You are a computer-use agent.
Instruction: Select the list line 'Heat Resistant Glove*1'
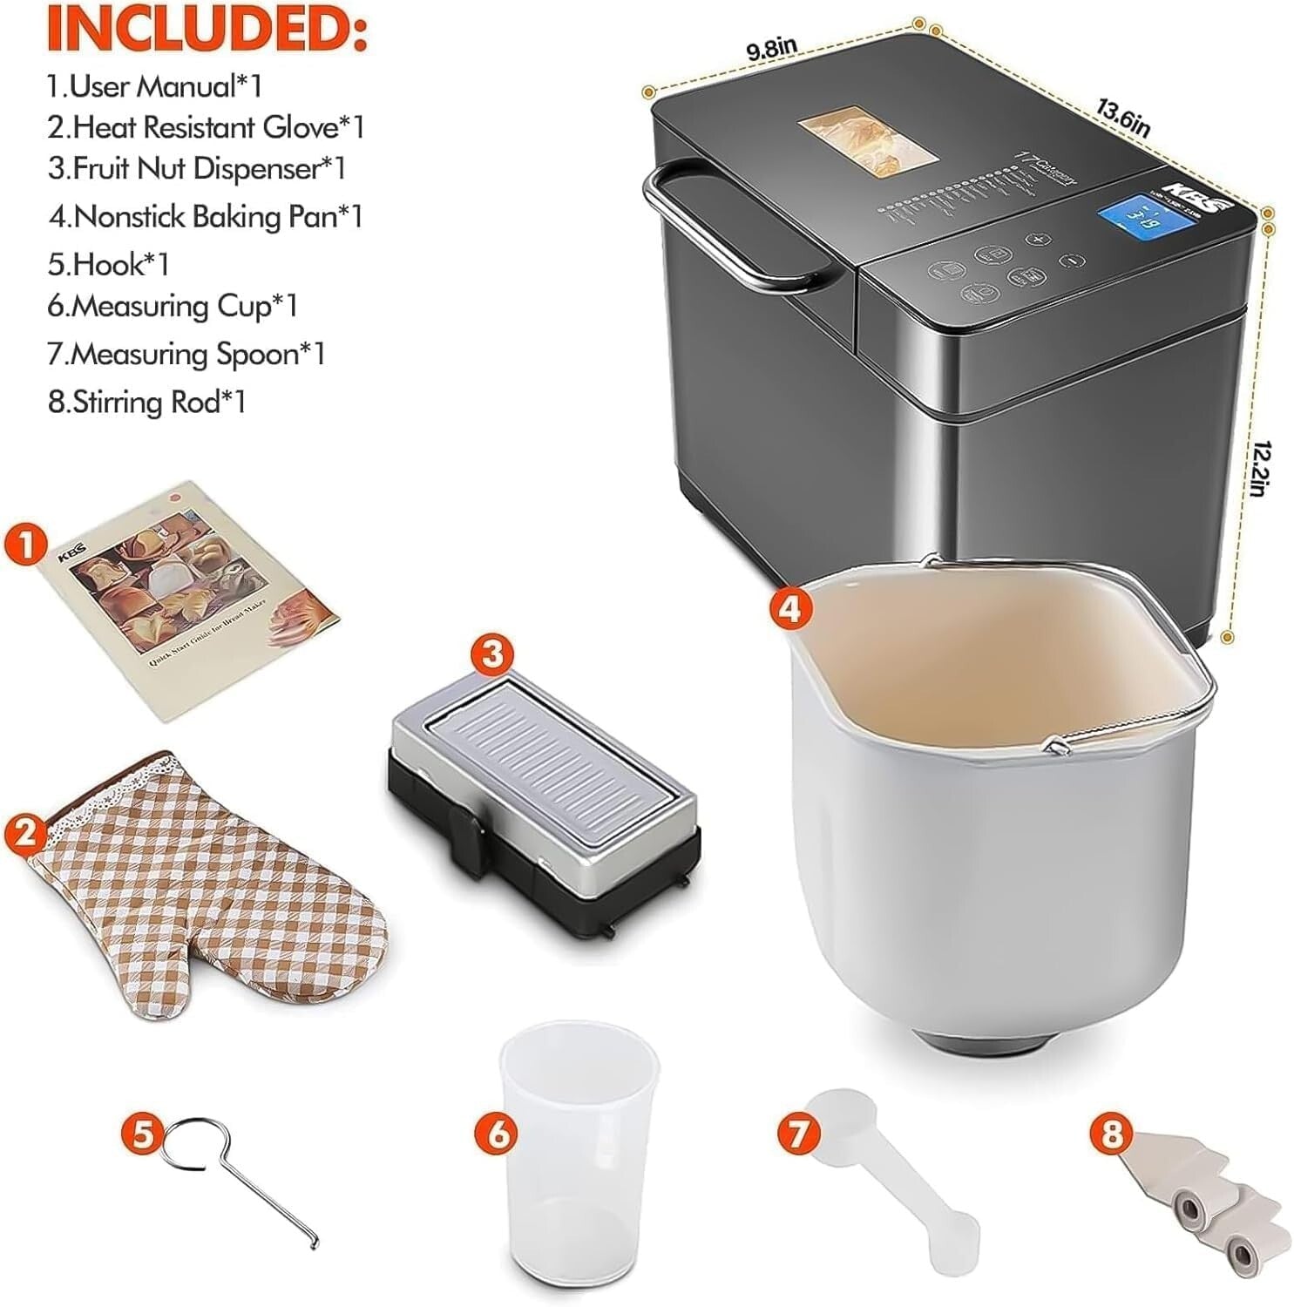coord(206,127)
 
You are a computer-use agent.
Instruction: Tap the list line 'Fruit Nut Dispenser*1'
coord(197,168)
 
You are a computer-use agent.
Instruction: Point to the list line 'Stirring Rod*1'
coord(146,402)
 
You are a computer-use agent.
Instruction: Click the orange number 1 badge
coord(26,545)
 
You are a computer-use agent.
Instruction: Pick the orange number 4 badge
coord(789,608)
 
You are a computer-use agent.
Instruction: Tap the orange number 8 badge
coord(1111,1134)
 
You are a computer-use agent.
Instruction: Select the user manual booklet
coord(191,601)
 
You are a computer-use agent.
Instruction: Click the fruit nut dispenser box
coord(545,802)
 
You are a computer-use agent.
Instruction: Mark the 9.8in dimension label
coord(771,49)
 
